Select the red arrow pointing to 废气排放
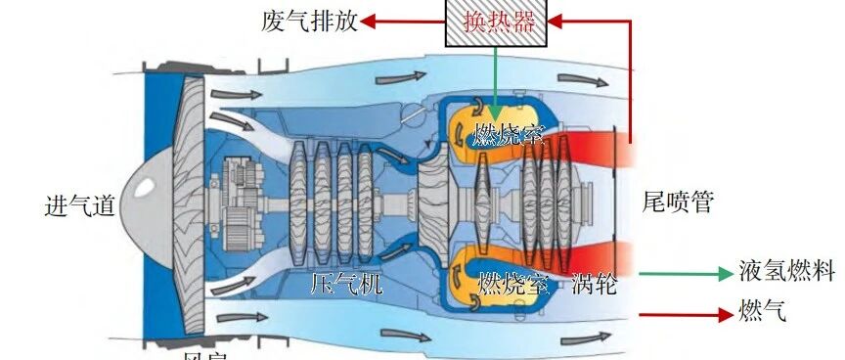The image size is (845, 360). [x=401, y=21]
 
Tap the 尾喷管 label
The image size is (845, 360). [x=678, y=202]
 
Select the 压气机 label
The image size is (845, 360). [x=339, y=285]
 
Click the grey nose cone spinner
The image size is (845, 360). [x=145, y=196]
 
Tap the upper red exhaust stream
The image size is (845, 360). [x=601, y=148]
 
